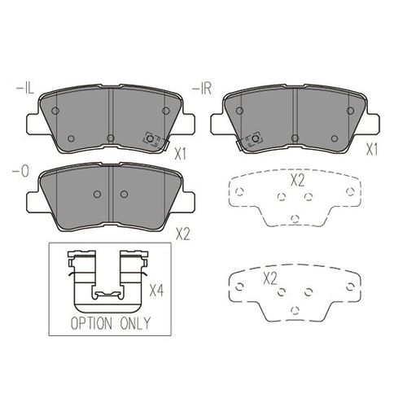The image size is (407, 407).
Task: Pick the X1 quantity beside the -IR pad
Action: pyautogui.click(x=372, y=150)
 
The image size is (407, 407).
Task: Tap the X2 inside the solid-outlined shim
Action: pyautogui.click(x=270, y=278)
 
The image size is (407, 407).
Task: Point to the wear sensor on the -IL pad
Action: pyautogui.click(x=151, y=139)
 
